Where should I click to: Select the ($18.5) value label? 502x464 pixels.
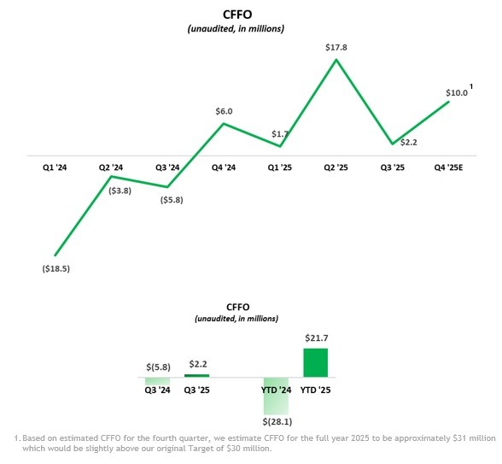(55, 267)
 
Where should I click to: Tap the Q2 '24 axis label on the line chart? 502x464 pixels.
(111, 168)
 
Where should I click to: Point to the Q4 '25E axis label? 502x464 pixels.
(449, 168)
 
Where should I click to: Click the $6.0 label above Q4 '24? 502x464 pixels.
(224, 111)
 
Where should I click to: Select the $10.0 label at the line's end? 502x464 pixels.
(457, 93)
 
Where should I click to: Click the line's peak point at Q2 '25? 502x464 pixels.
(337, 59)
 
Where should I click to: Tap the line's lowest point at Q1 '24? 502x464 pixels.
(55, 255)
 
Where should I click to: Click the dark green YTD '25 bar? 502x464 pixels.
(316, 362)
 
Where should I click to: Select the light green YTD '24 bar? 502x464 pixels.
(276, 394)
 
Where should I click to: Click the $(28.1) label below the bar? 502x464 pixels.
(276, 421)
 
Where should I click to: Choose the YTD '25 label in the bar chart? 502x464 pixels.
(317, 391)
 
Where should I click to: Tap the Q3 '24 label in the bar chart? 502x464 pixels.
(157, 391)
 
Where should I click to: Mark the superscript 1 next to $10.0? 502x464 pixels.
(472, 86)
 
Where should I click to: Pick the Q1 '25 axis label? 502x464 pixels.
(280, 168)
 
